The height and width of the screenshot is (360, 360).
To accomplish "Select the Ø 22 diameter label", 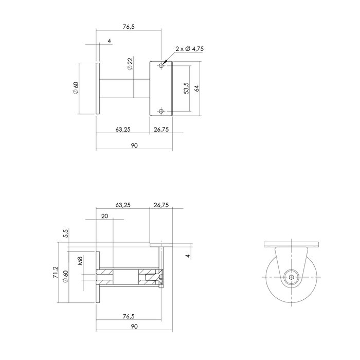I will [130, 64].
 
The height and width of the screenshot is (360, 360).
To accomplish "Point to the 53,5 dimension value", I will [186, 88].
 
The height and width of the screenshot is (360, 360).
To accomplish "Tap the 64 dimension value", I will [196, 88].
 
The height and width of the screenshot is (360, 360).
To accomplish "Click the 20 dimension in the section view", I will [105, 217].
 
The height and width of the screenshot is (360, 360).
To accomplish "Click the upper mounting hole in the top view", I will [161, 65].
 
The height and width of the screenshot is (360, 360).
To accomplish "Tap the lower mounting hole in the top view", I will [161, 111].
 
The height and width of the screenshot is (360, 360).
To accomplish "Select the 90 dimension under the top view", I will [134, 146].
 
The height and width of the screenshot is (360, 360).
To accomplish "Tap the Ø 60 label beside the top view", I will [75, 88].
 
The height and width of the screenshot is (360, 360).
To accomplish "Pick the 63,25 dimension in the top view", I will [122, 130].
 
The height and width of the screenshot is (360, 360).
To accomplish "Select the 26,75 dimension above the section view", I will [161, 205].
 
